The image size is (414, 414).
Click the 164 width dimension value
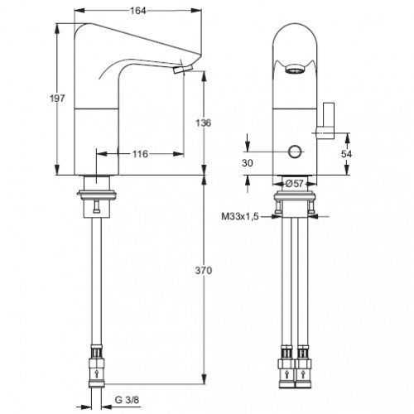pos(137,11)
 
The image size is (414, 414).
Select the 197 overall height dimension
pos(57,99)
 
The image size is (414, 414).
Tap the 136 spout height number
pos(204,123)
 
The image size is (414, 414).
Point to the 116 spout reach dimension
pos(140,154)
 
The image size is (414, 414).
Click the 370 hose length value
pos(204,271)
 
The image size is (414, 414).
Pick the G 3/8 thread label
pos(127,400)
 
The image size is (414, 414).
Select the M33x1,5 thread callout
pos(240,217)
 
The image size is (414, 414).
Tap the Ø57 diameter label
pos(294,184)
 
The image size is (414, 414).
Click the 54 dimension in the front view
pos(346,154)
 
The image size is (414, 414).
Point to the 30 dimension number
pos(248,163)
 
